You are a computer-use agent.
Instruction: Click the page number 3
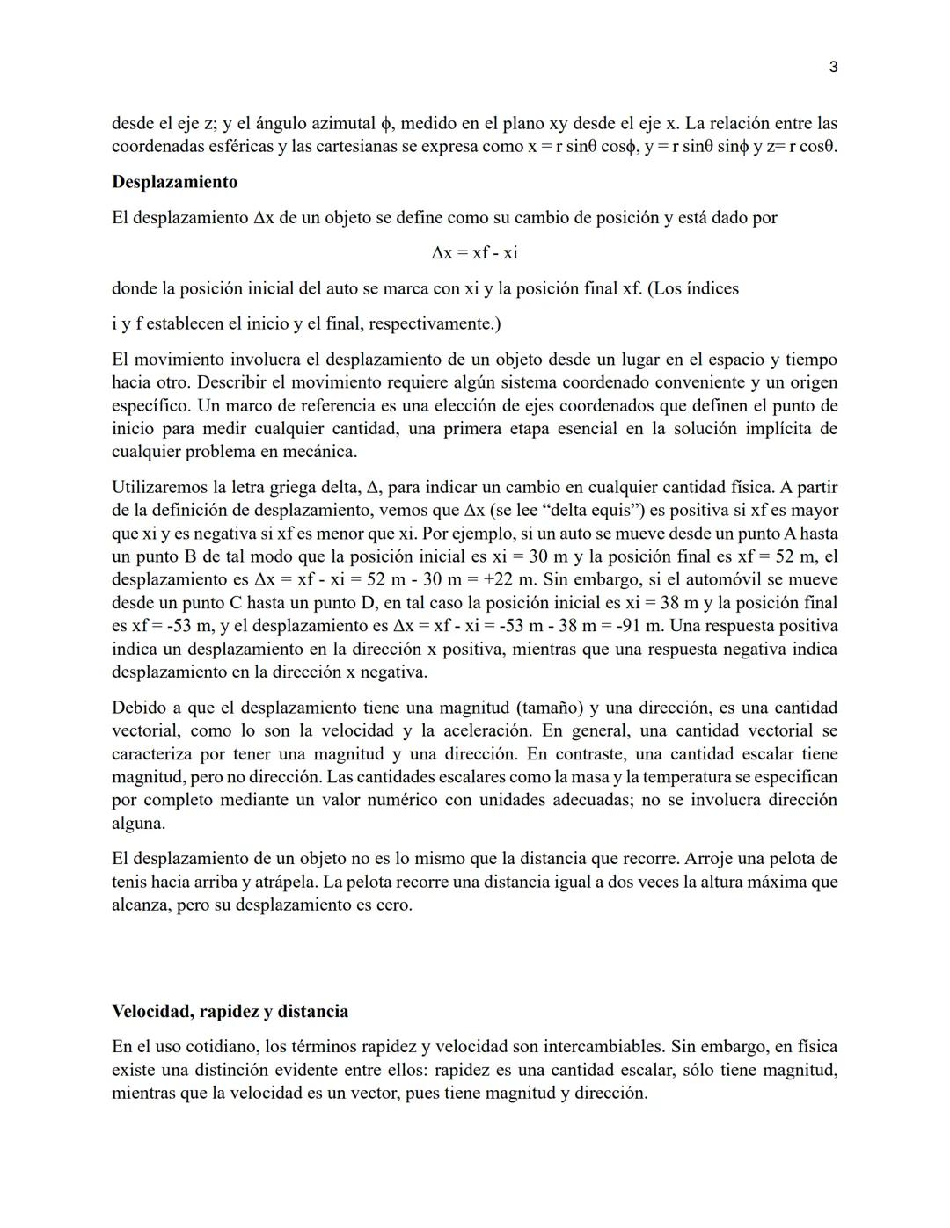[x=833, y=68]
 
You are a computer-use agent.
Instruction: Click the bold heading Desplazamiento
[x=174, y=182]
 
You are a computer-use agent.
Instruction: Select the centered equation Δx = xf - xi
[x=474, y=253]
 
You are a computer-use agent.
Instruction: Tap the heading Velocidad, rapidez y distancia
[x=230, y=1011]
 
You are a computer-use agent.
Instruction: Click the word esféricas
[x=240, y=147]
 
